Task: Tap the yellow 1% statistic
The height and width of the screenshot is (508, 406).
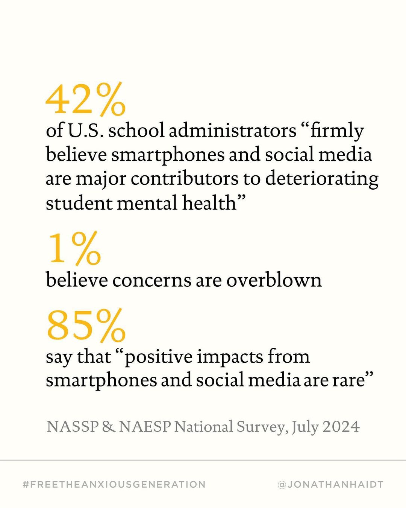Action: point(74,249)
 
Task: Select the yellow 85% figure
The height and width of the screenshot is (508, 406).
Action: point(86,325)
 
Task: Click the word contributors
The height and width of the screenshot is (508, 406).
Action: point(184,179)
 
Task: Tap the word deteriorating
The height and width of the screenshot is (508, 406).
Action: point(321,179)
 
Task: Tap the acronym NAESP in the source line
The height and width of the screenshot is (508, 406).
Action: point(145,427)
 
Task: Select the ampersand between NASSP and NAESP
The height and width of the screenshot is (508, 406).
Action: point(108,427)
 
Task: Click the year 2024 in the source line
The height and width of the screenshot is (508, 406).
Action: point(341,427)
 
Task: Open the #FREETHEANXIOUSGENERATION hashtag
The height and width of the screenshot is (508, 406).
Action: point(114,484)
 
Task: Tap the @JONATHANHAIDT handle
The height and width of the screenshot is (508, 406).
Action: point(330,484)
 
